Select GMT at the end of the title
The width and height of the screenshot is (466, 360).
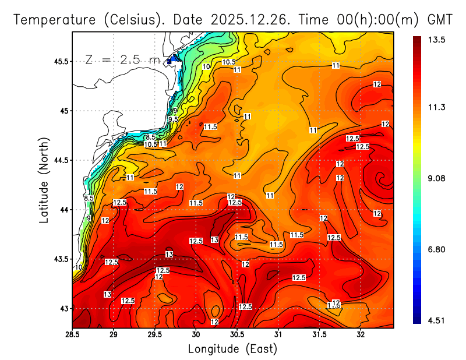click(440, 19)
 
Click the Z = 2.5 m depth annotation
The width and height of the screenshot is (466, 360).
click(122, 59)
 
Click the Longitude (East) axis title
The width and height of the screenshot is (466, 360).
click(232, 349)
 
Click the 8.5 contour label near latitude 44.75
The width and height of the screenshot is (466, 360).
click(150, 137)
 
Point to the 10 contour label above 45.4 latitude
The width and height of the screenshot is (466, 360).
click(206, 66)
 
